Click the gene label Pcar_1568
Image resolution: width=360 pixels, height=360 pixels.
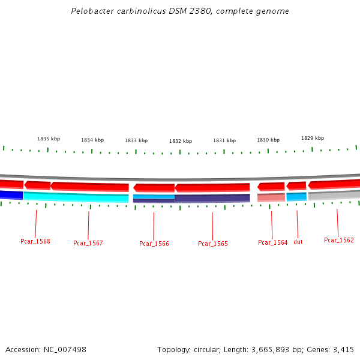click(x=35, y=241)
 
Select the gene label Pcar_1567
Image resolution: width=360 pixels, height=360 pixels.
click(x=88, y=243)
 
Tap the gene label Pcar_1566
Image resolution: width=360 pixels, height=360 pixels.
click(x=154, y=244)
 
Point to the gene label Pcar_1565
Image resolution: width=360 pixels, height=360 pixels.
click(x=213, y=244)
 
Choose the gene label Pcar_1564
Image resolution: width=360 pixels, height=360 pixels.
click(x=272, y=242)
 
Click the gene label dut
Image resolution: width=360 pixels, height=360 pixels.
click(x=298, y=242)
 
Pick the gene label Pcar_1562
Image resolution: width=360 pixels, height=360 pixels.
click(x=339, y=240)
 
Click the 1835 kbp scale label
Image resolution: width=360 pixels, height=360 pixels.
click(x=49, y=138)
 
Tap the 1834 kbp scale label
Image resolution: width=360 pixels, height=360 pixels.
click(x=92, y=140)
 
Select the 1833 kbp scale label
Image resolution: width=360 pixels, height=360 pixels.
click(x=136, y=140)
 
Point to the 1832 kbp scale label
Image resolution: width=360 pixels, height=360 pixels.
click(x=181, y=141)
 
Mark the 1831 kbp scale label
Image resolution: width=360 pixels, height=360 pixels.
click(x=224, y=140)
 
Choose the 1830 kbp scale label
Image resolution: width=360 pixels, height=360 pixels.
click(x=268, y=140)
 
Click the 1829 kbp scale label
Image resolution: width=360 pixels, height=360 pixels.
click(x=313, y=137)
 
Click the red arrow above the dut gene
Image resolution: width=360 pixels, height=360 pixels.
click(x=296, y=186)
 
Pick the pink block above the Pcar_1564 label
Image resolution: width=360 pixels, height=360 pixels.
click(x=271, y=197)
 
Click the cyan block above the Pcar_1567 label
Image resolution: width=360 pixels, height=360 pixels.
click(x=76, y=197)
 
